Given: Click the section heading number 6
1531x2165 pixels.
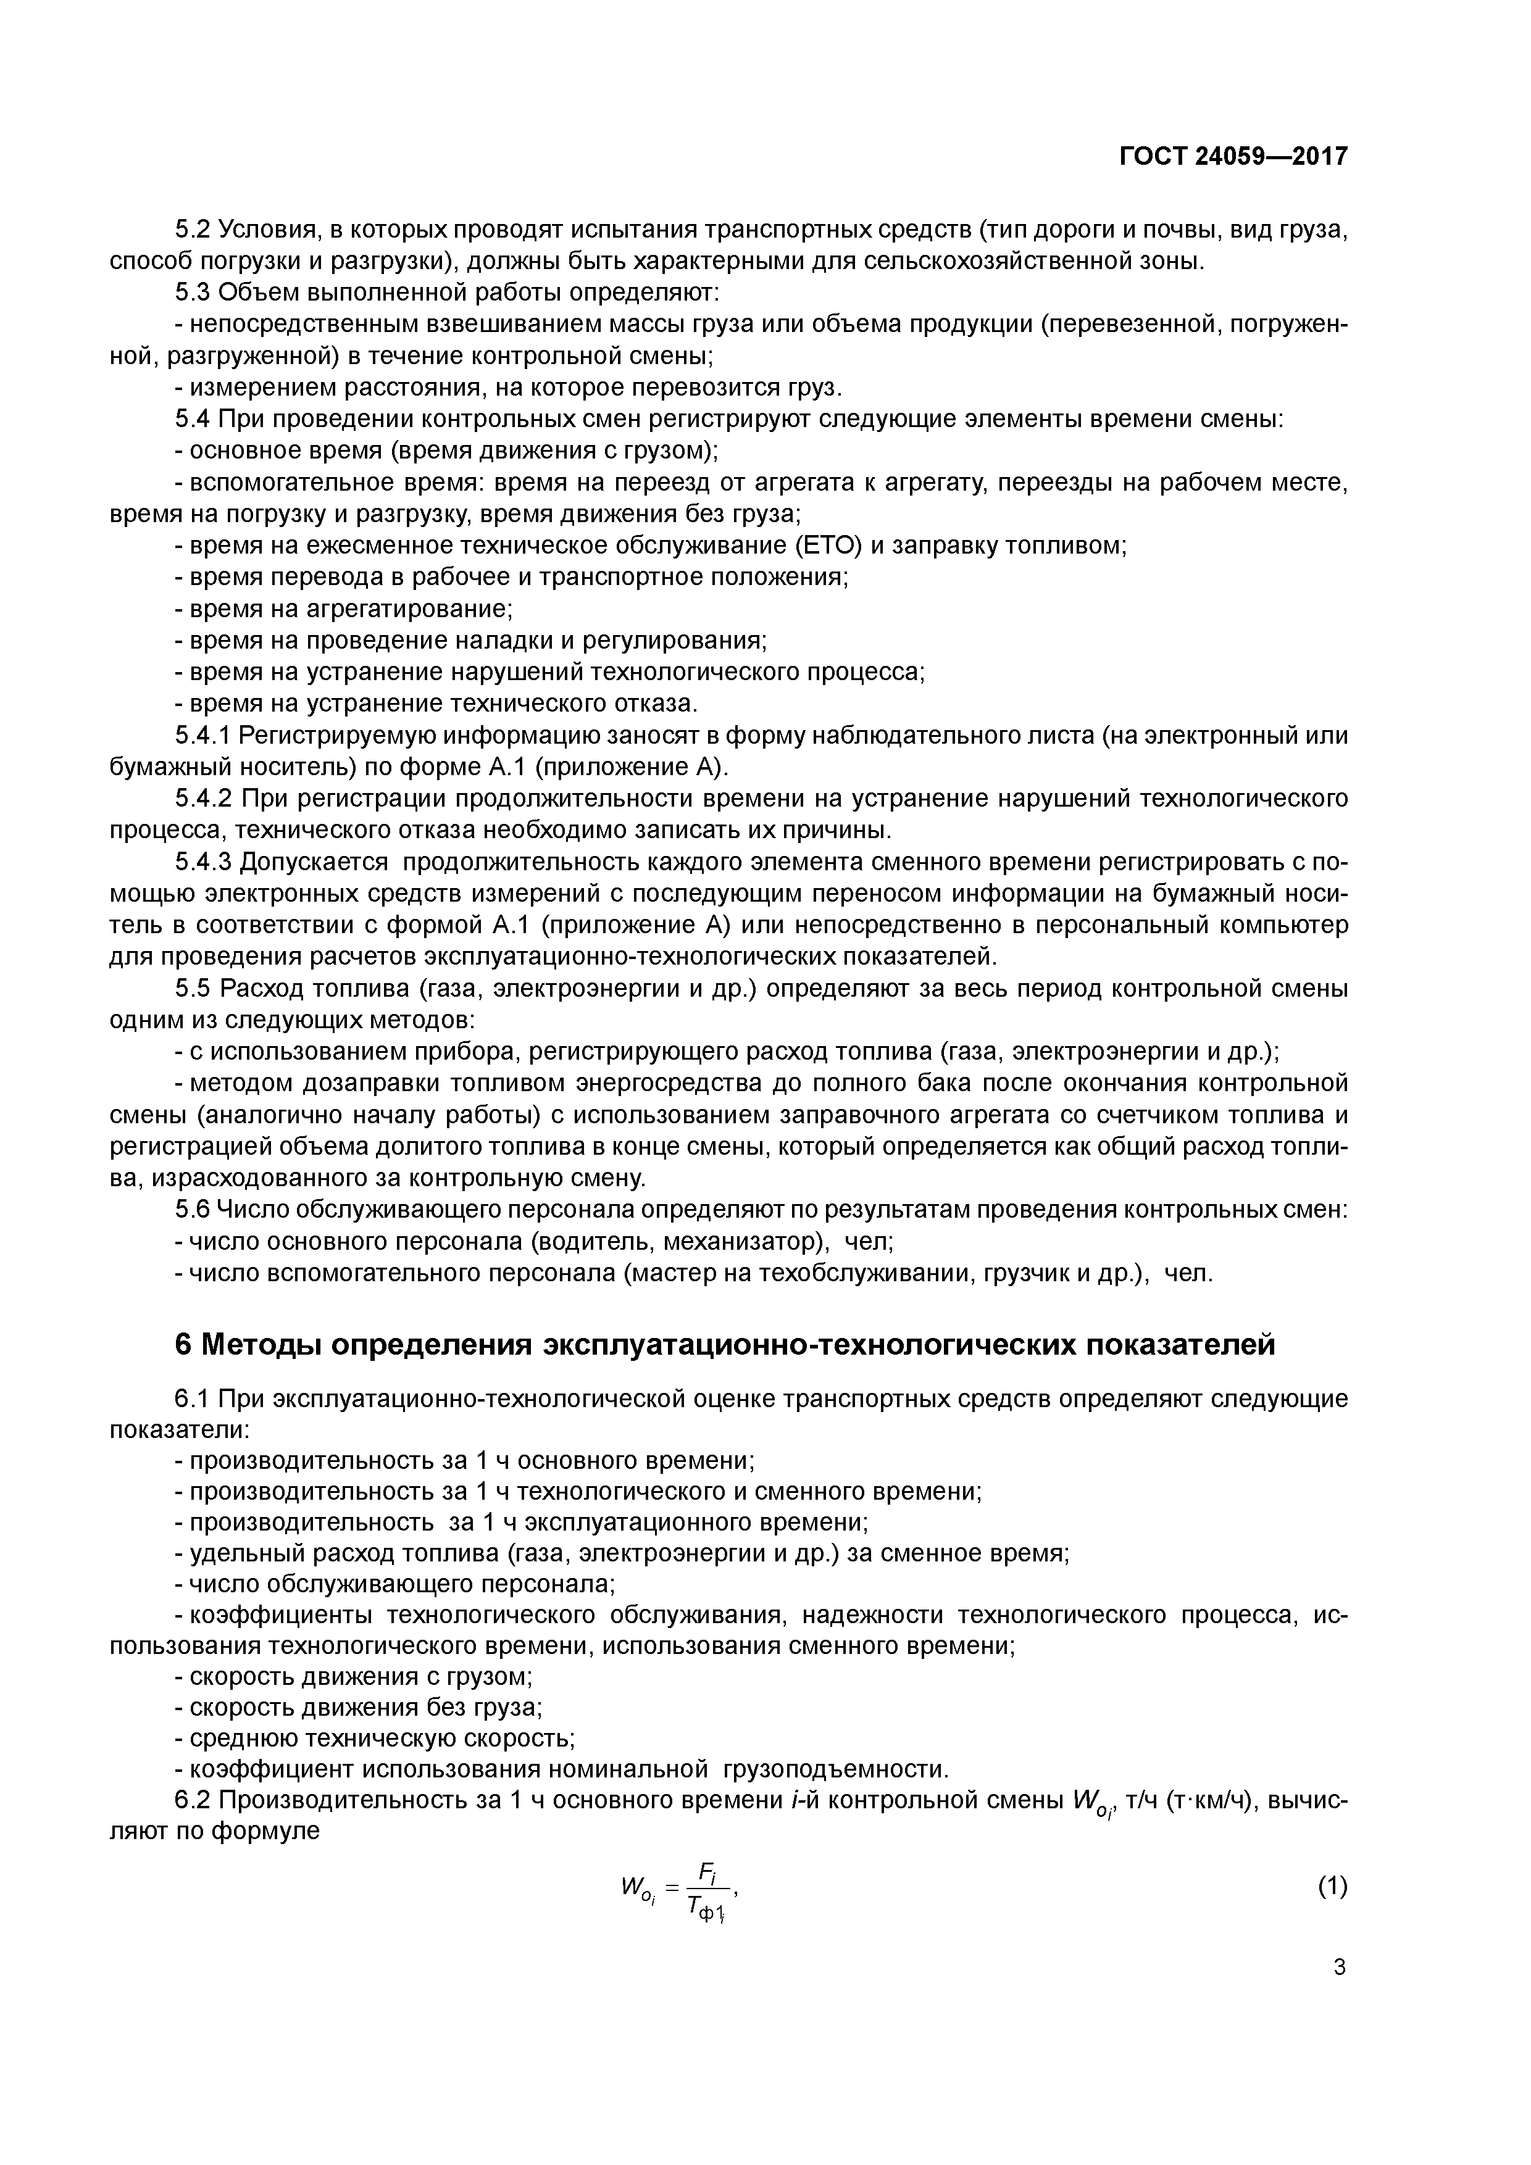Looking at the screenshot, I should pos(184,1344).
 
